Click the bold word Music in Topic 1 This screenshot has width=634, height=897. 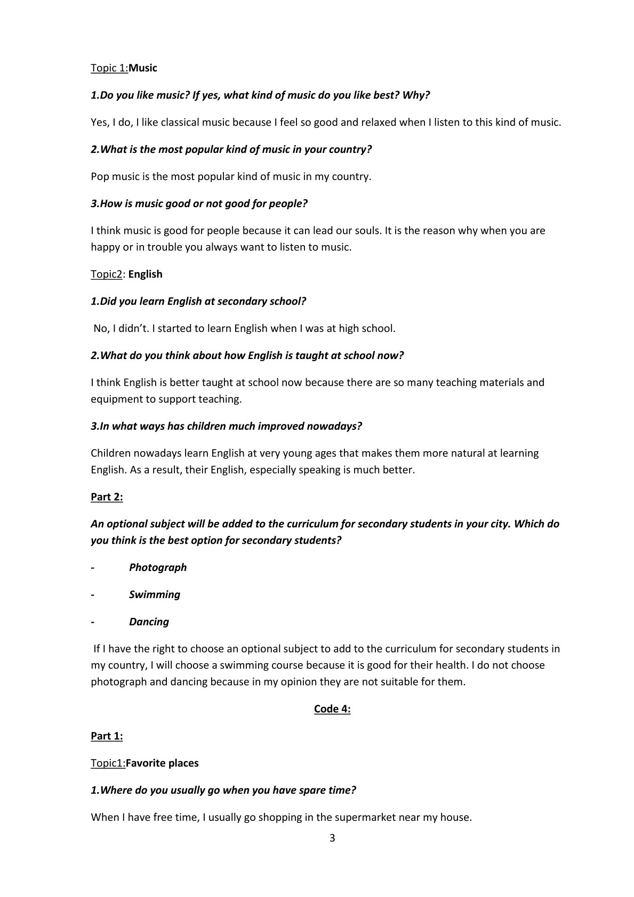tap(143, 68)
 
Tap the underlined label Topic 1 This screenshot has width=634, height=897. tap(109, 68)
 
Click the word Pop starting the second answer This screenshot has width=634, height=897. tap(100, 177)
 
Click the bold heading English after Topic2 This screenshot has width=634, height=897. tap(146, 274)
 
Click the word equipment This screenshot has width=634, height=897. tap(113, 399)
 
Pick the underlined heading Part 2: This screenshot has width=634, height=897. tap(107, 497)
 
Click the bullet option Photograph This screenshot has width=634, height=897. tap(158, 567)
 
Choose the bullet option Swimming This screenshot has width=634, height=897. tap(155, 594)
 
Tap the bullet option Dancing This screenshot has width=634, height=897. tap(149, 622)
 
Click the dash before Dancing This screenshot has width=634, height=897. tap(93, 622)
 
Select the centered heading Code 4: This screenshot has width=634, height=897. tap(332, 708)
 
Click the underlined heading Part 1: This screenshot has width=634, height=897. tap(107, 736)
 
